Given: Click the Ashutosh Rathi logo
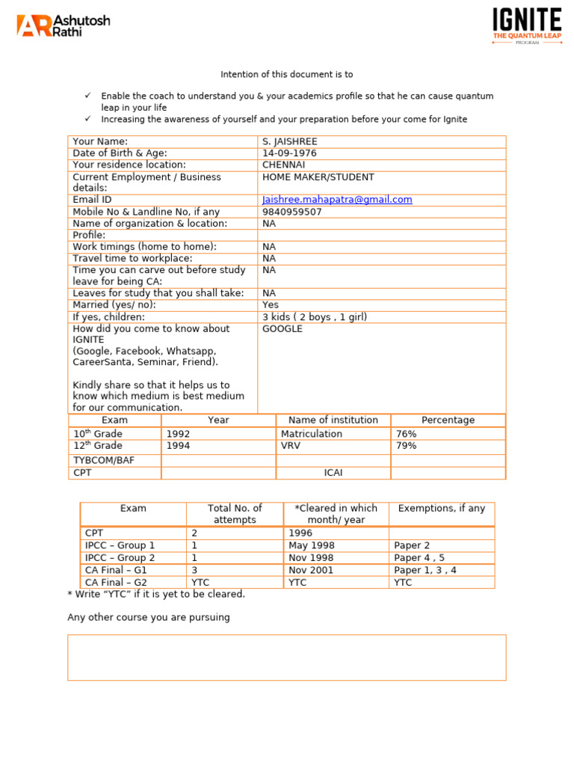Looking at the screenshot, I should pos(63,25).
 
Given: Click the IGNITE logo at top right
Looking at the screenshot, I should pos(527,26).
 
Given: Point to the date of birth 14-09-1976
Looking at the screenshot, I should pos(289,153).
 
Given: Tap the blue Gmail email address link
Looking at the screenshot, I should pos(337,200).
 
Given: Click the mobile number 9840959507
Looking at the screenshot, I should pos(292,212).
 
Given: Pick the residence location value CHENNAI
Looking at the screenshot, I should pos(284,165).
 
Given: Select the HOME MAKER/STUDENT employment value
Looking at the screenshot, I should pos(318,177).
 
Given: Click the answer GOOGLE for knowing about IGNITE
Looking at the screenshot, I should pos(283,329).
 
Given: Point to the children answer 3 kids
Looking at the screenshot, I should pos(315,317).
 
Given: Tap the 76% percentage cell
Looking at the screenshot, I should pos(406,434).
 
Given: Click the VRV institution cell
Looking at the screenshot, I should pos(291,446).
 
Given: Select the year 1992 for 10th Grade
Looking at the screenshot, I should pos(178,434).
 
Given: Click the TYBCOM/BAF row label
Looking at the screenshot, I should pos(104,461).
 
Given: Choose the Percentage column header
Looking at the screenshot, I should pos(448,420).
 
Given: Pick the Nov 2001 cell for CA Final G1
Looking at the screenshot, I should pos(311,570).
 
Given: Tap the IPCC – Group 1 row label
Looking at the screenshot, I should pos(120,546).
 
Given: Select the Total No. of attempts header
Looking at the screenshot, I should pos(235,514).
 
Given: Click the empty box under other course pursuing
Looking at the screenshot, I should pos(286,658).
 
